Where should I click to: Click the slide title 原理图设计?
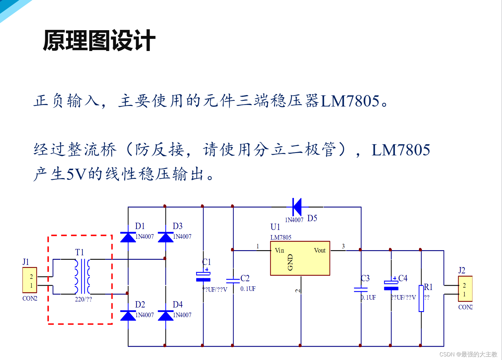click(99, 40)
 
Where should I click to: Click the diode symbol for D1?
click(128, 237)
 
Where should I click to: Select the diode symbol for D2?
click(128, 316)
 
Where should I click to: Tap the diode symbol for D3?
click(166, 237)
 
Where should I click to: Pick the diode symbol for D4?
click(166, 316)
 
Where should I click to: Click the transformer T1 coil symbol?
click(82, 276)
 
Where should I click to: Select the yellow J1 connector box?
click(30, 280)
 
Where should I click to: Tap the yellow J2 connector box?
click(465, 289)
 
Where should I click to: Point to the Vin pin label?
click(279, 250)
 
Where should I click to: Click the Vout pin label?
click(320, 250)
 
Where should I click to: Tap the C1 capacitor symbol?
click(203, 276)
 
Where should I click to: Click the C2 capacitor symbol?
click(233, 281)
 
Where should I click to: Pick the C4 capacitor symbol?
click(391, 285)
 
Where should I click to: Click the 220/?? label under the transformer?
click(83, 299)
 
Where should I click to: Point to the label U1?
click(275, 227)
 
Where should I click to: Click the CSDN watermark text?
click(468, 354)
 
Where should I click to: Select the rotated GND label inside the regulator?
click(290, 262)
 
